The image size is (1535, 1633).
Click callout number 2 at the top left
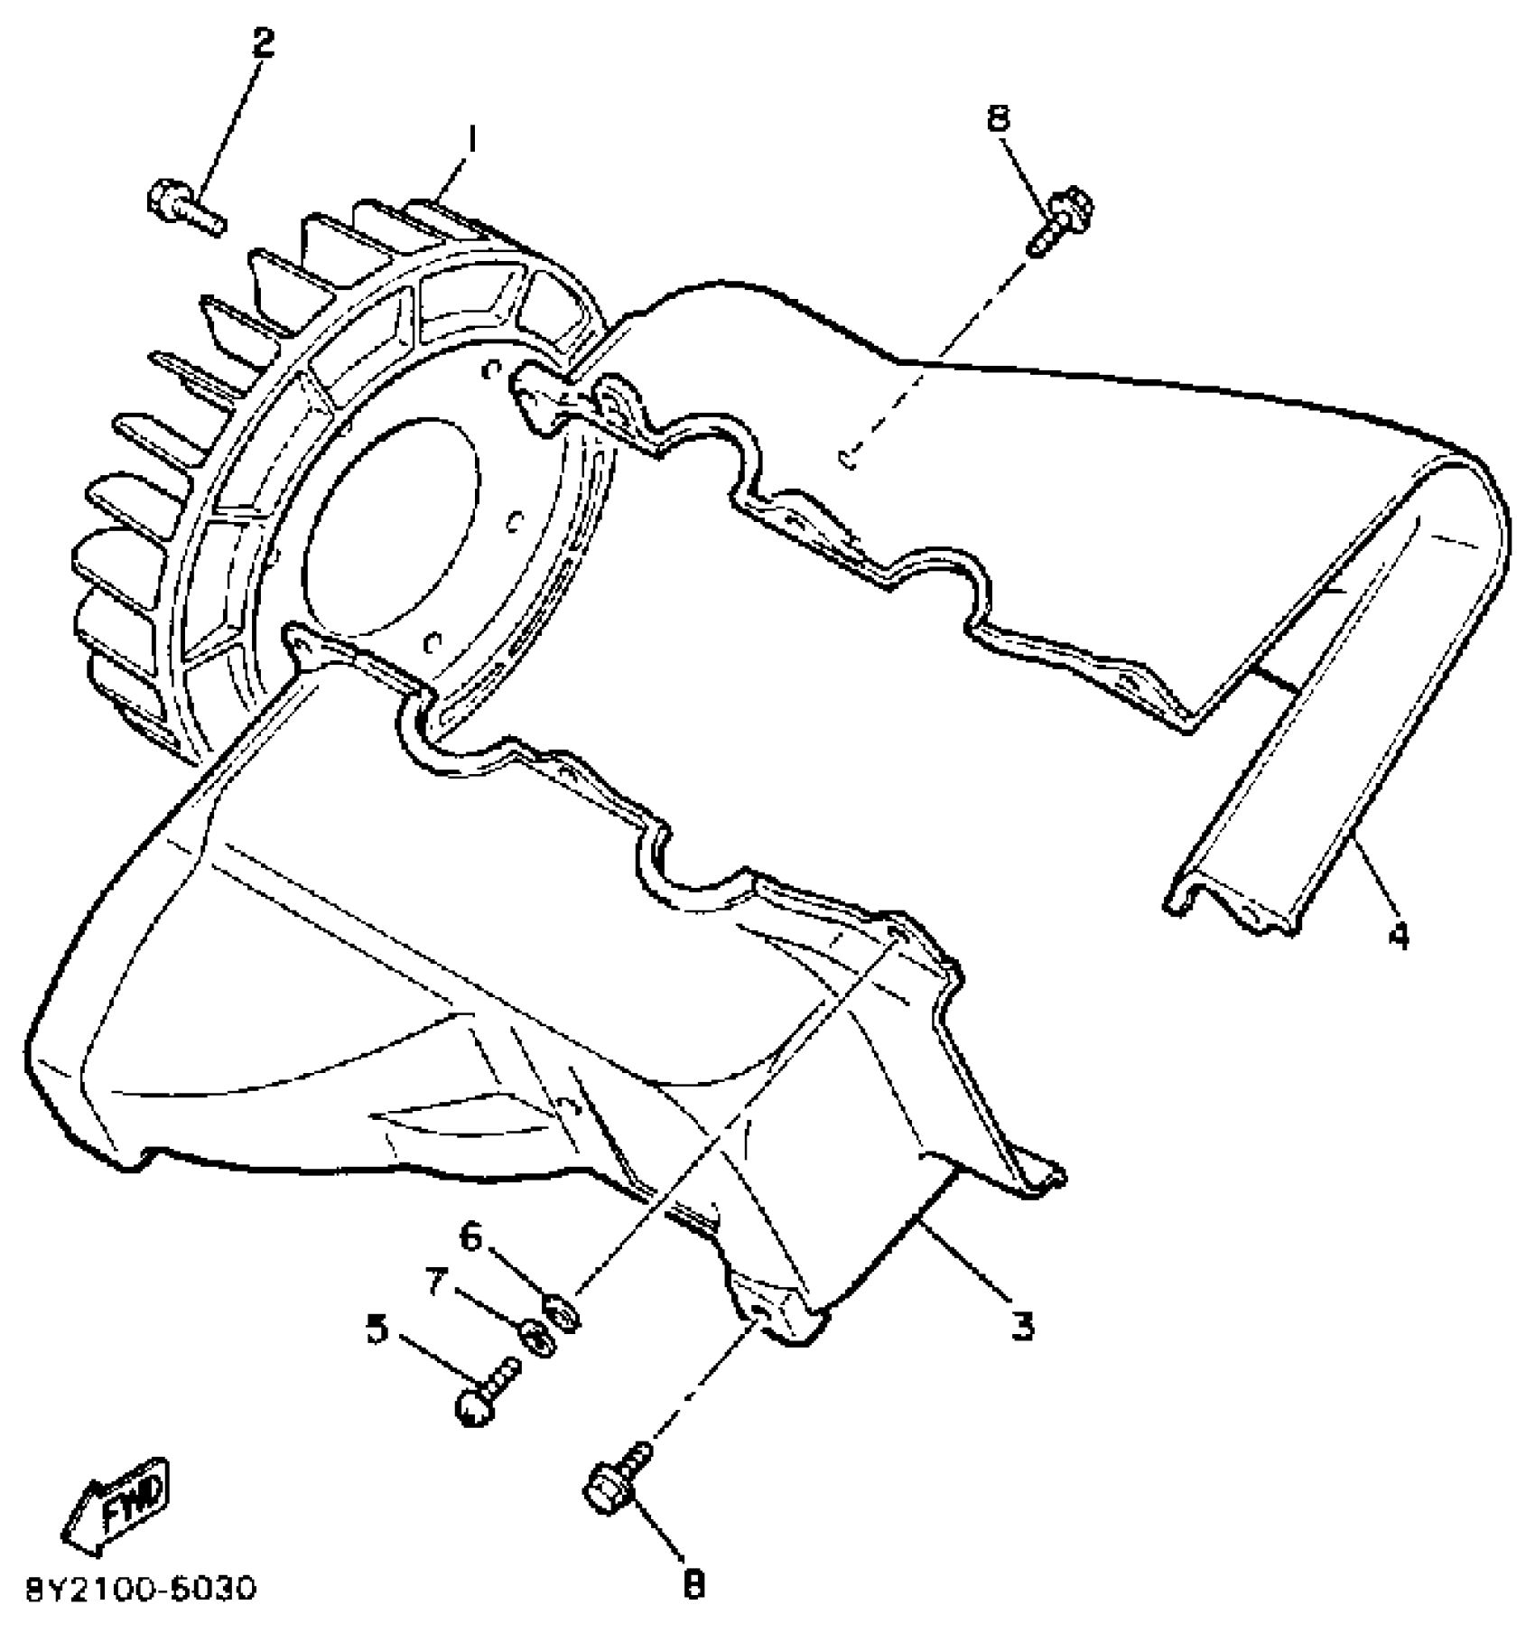pos(262,44)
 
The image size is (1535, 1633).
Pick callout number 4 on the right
pos(1398,938)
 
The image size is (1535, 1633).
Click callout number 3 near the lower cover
pos(1021,1326)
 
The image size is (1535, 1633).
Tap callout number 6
pos(470,1238)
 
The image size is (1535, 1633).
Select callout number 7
pos(439,1283)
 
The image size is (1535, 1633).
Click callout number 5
pos(377,1329)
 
